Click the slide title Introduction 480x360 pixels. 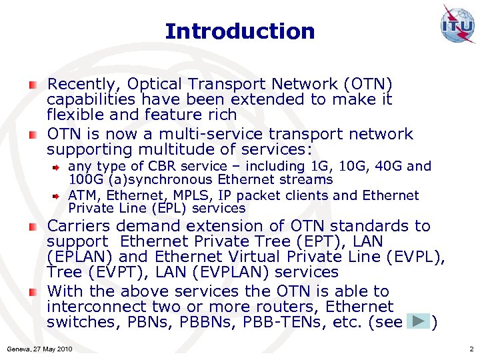tap(239, 31)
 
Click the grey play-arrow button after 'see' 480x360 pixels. tap(419, 322)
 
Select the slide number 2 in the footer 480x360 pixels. tap(471, 349)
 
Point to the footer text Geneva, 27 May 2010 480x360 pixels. tap(39, 349)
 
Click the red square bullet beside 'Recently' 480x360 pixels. tap(33, 85)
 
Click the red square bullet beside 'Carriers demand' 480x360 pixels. tap(33, 227)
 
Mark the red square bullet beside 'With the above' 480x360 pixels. tap(33, 293)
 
